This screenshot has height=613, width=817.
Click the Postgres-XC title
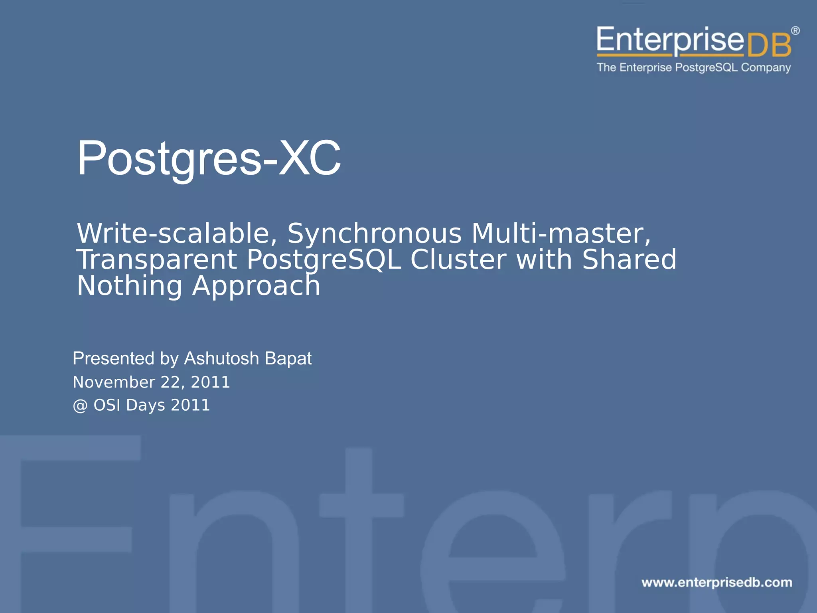pos(209,158)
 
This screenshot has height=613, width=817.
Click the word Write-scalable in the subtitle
pos(177,233)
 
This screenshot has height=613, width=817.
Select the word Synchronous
pos(374,233)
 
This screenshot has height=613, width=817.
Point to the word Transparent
pos(157,260)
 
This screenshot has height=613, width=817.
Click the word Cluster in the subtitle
pos(458,260)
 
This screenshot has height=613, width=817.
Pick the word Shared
pos(629,260)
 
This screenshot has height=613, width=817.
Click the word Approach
pos(256,287)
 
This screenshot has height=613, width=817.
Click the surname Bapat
pos(288,358)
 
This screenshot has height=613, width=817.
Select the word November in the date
pos(114,382)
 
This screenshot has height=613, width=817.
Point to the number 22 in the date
pos(170,382)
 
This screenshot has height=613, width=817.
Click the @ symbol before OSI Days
pos(80,406)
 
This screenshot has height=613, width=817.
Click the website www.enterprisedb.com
pos(716,582)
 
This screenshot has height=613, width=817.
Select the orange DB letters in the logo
pos(768,46)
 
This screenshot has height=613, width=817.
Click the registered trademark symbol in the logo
pos(795,31)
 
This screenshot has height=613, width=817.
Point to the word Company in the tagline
pos(766,67)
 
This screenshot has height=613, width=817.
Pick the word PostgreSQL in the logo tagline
pos(706,67)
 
